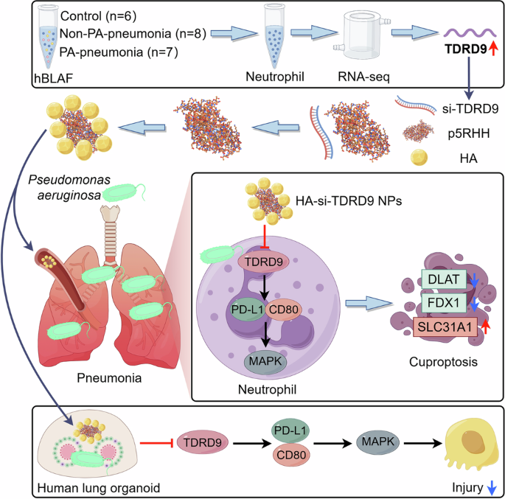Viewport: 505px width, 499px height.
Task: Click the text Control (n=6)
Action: point(95,15)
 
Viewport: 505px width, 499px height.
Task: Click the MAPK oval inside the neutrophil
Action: point(267,362)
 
